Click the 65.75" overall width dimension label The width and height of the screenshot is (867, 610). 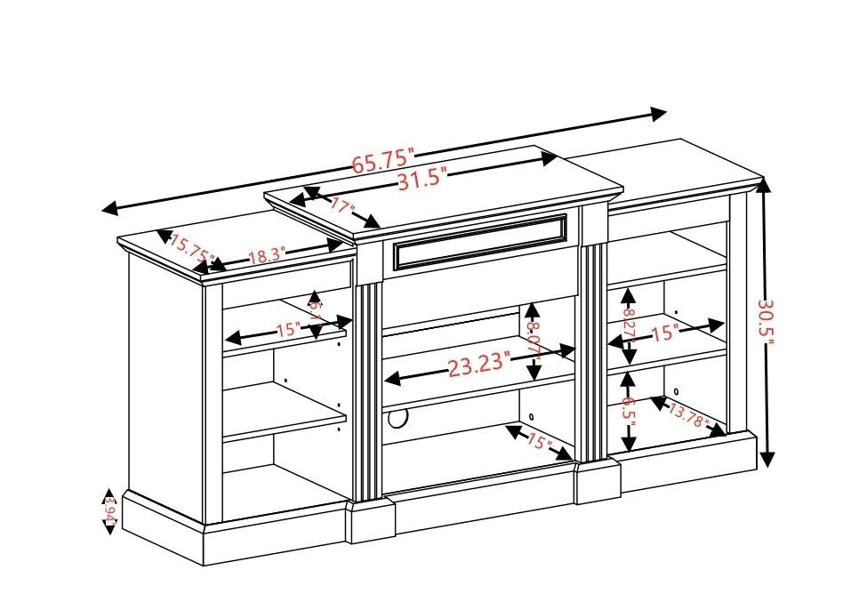(383, 161)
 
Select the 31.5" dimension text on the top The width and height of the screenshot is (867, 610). (421, 180)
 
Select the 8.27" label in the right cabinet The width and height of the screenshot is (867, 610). (629, 326)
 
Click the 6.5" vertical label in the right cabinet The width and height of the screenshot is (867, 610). (629, 412)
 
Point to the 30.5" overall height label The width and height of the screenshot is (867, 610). (766, 324)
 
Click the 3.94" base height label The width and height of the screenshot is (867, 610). (109, 511)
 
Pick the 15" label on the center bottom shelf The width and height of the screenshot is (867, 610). (539, 441)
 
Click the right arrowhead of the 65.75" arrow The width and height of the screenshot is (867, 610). (659, 114)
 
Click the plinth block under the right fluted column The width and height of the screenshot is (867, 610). (598, 481)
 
